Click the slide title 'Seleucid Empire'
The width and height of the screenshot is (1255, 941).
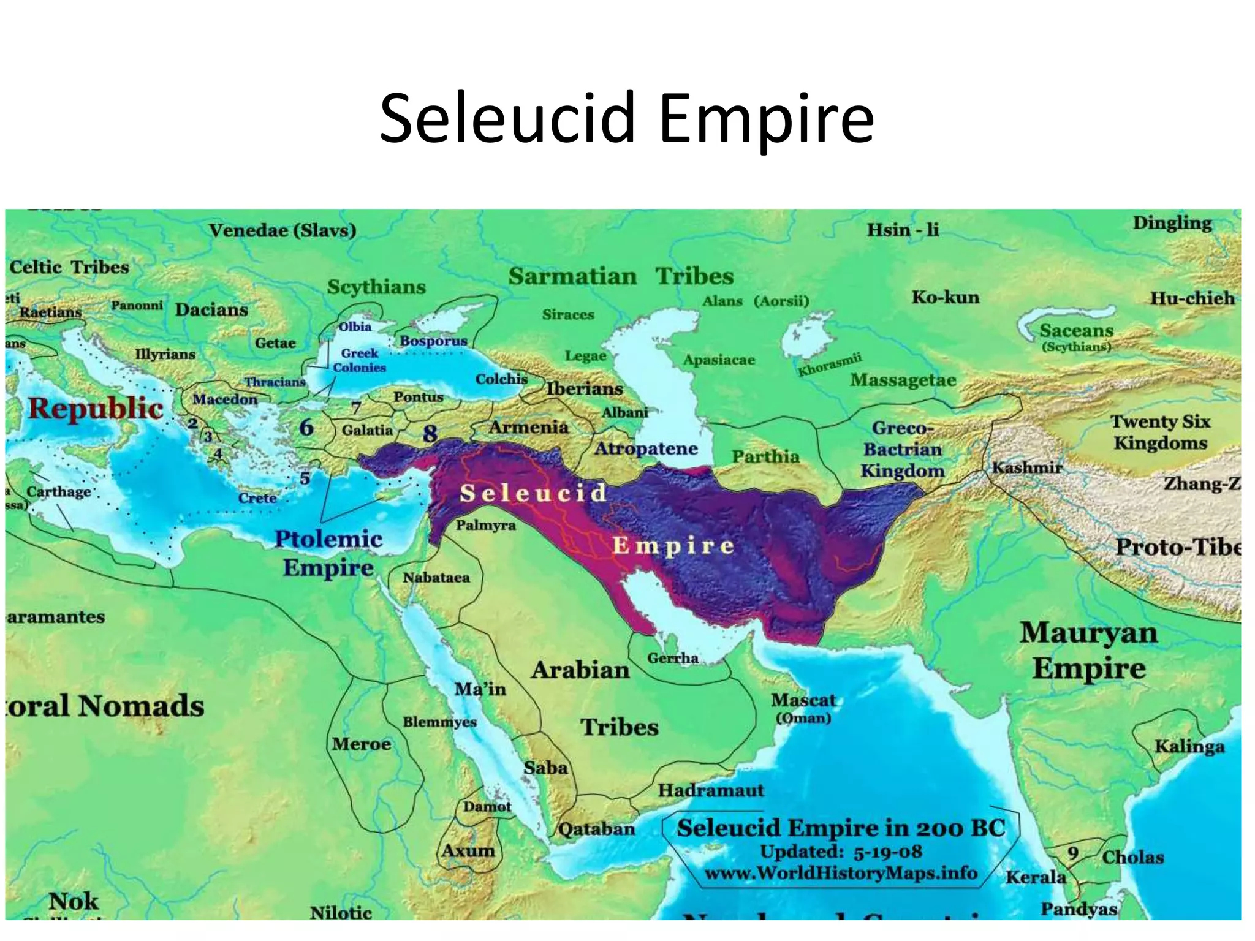point(627,118)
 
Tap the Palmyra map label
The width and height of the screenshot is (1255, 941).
point(485,525)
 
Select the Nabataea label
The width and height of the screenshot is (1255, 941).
point(436,577)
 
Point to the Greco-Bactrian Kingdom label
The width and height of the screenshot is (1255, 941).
point(902,449)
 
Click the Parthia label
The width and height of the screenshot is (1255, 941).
point(765,456)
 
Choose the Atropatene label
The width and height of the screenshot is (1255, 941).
point(646,448)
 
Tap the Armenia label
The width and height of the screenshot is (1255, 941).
point(528,427)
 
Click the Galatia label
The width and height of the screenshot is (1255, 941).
point(367,430)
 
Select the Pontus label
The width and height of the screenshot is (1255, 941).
point(418,396)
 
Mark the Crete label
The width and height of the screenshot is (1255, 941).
point(257,497)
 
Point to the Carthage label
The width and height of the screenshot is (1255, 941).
point(58,491)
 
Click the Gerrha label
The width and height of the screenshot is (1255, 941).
point(672,658)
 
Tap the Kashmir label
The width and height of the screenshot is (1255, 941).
point(1027,467)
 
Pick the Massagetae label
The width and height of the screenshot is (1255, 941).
point(903,380)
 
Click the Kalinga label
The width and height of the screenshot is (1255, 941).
point(1189,746)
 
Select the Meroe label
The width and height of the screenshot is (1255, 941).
point(361,744)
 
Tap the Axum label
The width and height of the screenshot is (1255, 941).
point(468,850)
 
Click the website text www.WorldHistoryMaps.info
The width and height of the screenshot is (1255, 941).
point(841,872)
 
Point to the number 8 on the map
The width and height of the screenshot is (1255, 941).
point(430,434)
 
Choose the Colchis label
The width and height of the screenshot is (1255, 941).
point(501,379)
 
